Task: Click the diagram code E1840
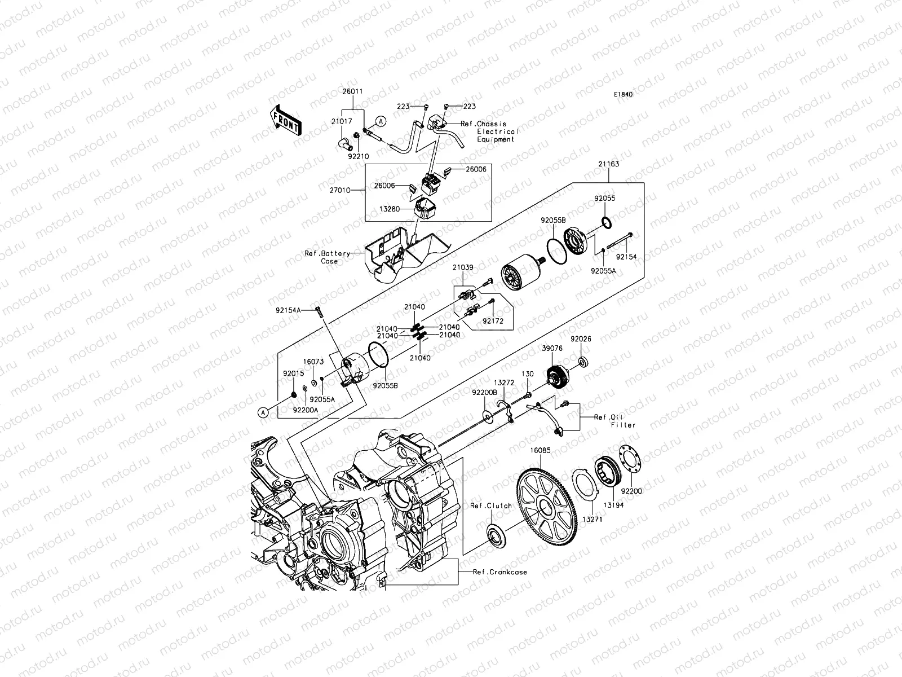(624, 95)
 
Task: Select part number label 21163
(609, 164)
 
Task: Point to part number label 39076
(552, 349)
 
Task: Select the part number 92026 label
(580, 340)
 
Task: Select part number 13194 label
(614, 505)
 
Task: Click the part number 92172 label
(493, 321)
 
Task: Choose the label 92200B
(485, 392)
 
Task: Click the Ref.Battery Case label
(328, 257)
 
